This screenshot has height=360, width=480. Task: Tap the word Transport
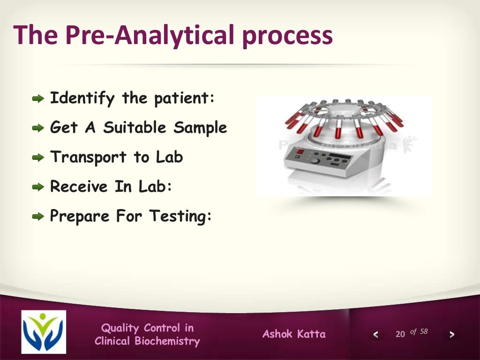point(89,157)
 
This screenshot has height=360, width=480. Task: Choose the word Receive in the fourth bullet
point(79,187)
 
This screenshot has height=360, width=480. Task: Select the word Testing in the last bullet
point(181,216)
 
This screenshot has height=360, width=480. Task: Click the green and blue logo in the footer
point(44,332)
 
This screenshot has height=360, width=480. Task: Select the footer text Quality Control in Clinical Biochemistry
point(147,335)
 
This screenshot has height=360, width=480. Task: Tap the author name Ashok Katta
point(294,334)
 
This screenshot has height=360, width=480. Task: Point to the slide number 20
point(400,334)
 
